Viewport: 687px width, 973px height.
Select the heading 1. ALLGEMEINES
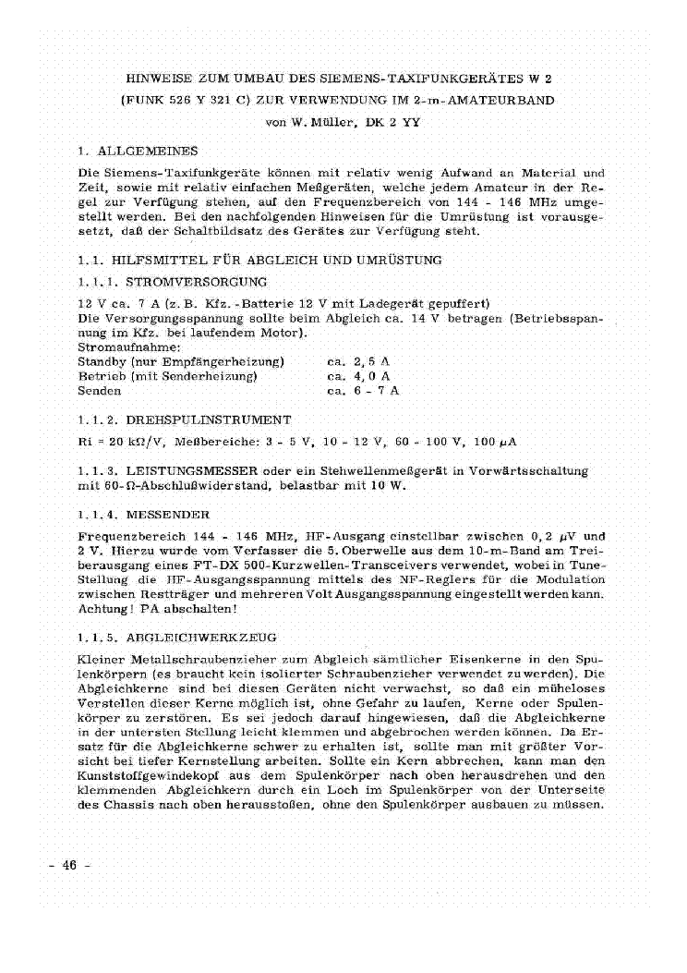pyautogui.click(x=138, y=150)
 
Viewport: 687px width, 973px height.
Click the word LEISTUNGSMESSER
pyautogui.click(x=203, y=471)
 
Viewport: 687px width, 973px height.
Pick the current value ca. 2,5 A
pyautogui.click(x=359, y=361)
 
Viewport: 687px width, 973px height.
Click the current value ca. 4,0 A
pyautogui.click(x=359, y=376)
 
